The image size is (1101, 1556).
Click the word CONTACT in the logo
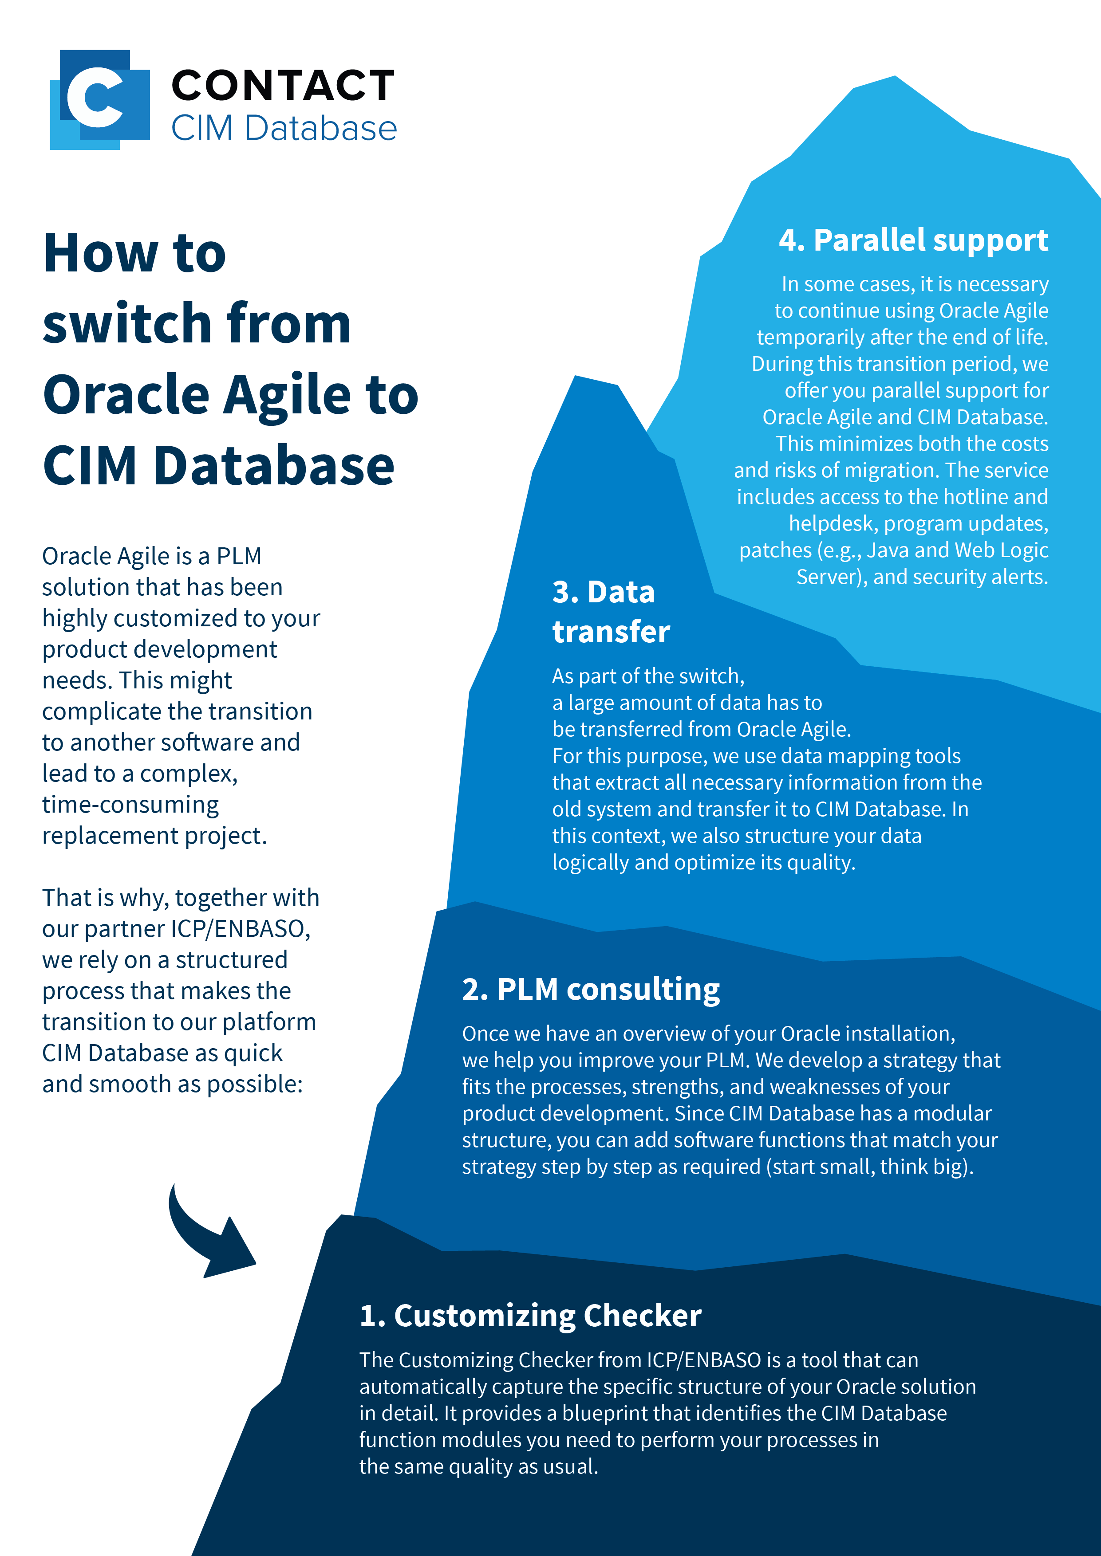(x=284, y=86)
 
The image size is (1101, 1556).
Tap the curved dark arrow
(x=207, y=1231)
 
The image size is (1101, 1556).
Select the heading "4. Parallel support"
(x=913, y=240)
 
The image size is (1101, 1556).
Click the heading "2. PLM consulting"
(x=591, y=990)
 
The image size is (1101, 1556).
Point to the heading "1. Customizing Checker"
(x=530, y=1316)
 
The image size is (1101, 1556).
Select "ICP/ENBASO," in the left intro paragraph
(x=241, y=929)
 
